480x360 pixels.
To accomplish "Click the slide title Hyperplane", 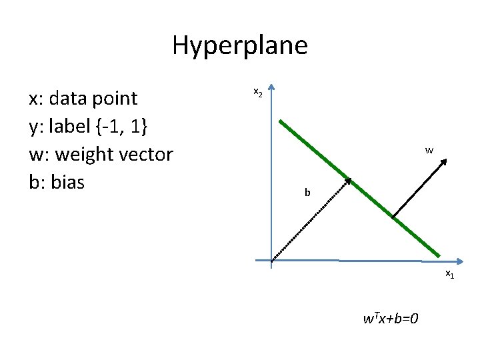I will [x=239, y=45].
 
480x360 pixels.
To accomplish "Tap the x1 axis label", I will [x=450, y=275].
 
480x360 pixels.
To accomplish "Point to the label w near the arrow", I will [x=429, y=151].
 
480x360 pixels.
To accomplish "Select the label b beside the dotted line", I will [x=307, y=193].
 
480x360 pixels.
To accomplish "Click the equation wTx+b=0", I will [x=391, y=318].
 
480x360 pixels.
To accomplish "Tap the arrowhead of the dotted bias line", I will [x=349, y=181].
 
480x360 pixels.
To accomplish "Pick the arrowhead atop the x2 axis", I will [x=272, y=89].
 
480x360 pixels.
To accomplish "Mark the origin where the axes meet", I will [x=272, y=260].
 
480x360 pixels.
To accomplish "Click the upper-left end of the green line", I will [x=281, y=122].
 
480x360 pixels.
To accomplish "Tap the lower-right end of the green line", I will [x=439, y=255].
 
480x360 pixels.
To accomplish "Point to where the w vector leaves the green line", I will [x=393, y=216].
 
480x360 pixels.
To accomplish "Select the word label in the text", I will [x=66, y=127].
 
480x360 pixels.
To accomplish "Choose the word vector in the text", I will [x=145, y=155].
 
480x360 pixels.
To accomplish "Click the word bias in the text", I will [x=67, y=182].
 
